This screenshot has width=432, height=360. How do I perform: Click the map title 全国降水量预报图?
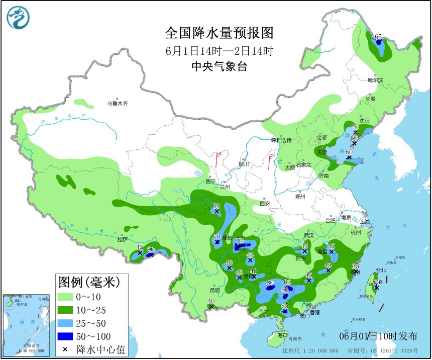(220, 33)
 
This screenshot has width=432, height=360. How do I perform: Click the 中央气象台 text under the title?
(220, 66)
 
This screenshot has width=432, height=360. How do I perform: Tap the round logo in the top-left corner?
(18, 18)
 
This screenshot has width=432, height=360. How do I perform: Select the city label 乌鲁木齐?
(117, 104)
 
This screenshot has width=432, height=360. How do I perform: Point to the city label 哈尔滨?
(375, 80)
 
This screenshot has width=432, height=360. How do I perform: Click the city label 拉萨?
(123, 240)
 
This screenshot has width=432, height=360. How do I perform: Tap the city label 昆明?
(215, 290)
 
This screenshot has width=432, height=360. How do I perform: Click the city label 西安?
(265, 204)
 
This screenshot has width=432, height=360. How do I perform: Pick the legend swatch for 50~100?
(65, 336)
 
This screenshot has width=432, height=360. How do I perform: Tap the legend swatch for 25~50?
(65, 323)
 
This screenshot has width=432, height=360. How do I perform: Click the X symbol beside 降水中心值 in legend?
(65, 349)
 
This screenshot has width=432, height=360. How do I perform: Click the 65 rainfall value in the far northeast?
(378, 36)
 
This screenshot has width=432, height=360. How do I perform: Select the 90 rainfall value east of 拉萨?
(151, 249)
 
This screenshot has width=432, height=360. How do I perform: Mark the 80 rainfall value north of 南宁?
(270, 283)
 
